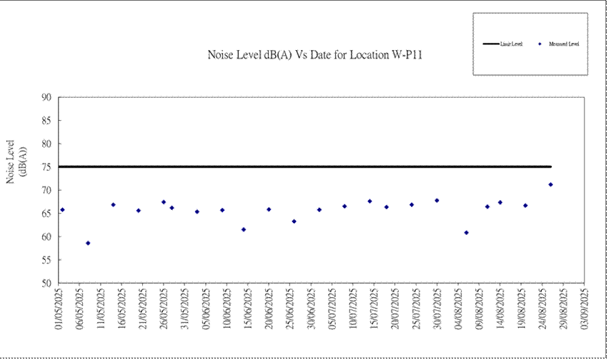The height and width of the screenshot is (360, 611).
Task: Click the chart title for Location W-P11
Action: pyautogui.click(x=315, y=54)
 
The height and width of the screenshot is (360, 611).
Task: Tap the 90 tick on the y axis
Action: pyautogui.click(x=47, y=97)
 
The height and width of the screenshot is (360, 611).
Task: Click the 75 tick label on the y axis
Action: pyautogui.click(x=47, y=167)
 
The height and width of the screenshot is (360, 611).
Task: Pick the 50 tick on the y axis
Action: pyautogui.click(x=47, y=284)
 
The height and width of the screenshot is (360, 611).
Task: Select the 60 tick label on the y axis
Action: pyautogui.click(x=47, y=237)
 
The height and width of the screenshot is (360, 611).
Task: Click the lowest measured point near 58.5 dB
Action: pyautogui.click(x=88, y=243)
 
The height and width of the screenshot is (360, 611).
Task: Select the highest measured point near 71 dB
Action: pyautogui.click(x=551, y=184)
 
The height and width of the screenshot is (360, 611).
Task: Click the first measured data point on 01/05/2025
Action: pyautogui.click(x=63, y=209)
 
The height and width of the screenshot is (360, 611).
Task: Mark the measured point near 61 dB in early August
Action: pyautogui.click(x=467, y=232)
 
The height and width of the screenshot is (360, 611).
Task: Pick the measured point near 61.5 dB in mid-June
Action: pyautogui.click(x=244, y=229)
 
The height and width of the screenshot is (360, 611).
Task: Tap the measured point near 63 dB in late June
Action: pyautogui.click(x=294, y=221)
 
